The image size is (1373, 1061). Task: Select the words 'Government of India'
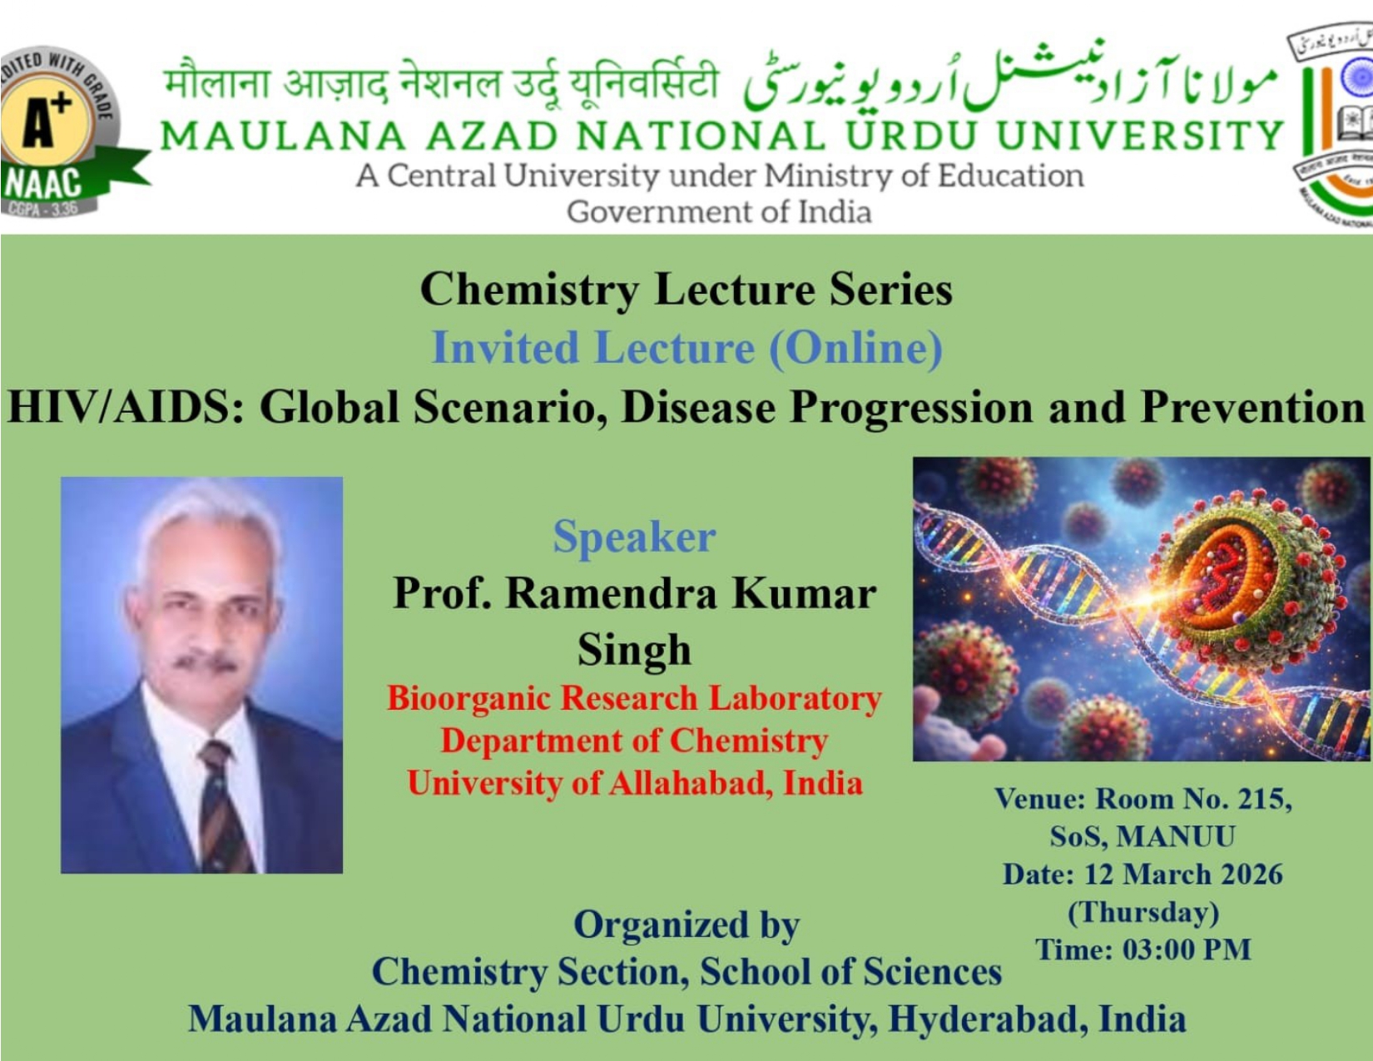[719, 211]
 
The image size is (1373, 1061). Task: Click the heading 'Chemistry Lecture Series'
[686, 290]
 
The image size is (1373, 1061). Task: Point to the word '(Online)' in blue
[855, 348]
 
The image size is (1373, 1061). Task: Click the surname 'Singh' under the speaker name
[634, 650]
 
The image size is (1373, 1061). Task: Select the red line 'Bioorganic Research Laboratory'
[634, 698]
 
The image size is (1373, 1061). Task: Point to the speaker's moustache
[206, 662]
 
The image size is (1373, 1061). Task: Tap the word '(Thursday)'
[1143, 913]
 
